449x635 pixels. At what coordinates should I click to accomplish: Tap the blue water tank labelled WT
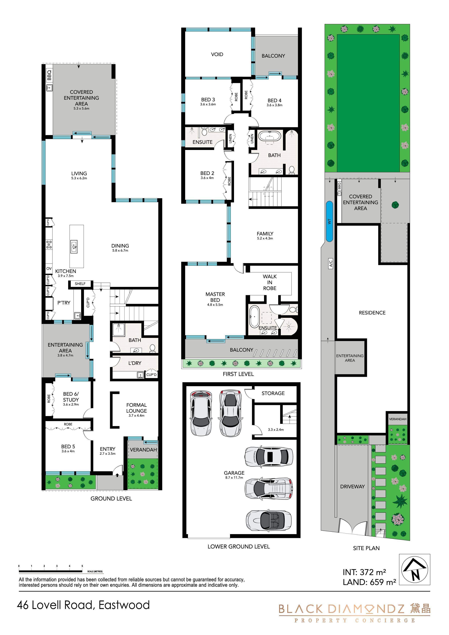[x=329, y=221]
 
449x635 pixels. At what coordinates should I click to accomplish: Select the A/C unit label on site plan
[x=331, y=263]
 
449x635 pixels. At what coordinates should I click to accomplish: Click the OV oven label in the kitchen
[x=49, y=268]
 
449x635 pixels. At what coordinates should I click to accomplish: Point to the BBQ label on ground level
[x=49, y=75]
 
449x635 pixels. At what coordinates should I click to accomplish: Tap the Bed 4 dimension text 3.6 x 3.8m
[x=274, y=105]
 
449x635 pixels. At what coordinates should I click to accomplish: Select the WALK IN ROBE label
[x=270, y=282]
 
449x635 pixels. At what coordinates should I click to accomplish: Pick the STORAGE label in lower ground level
[x=273, y=393]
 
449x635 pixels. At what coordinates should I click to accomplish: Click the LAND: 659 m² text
[x=369, y=582]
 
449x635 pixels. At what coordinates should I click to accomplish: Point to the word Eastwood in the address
[x=124, y=605]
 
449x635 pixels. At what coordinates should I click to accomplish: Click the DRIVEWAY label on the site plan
[x=352, y=486]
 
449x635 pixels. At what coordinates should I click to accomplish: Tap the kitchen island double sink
[x=74, y=246]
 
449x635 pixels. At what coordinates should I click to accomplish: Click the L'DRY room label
[x=135, y=363]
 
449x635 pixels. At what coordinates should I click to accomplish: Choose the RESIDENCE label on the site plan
[x=372, y=313]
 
